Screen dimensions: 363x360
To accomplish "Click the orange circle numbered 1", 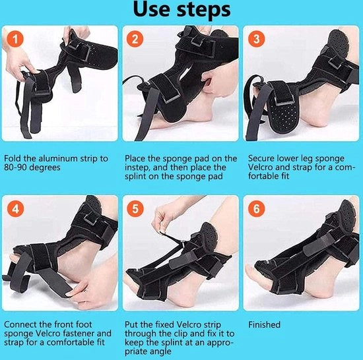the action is [x=15, y=39].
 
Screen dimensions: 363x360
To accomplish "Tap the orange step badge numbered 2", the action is [x=135, y=39].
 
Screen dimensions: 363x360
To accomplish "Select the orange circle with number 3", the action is [x=256, y=39].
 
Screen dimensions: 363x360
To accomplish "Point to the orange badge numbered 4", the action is [x=15, y=209].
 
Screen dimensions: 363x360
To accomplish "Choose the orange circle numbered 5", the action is [x=135, y=209].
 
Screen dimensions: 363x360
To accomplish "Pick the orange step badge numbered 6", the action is [x=256, y=209].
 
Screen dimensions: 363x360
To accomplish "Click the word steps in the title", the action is [x=204, y=11].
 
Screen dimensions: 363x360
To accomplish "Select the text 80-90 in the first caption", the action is [x=15, y=167].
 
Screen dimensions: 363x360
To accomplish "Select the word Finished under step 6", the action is [x=264, y=324].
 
